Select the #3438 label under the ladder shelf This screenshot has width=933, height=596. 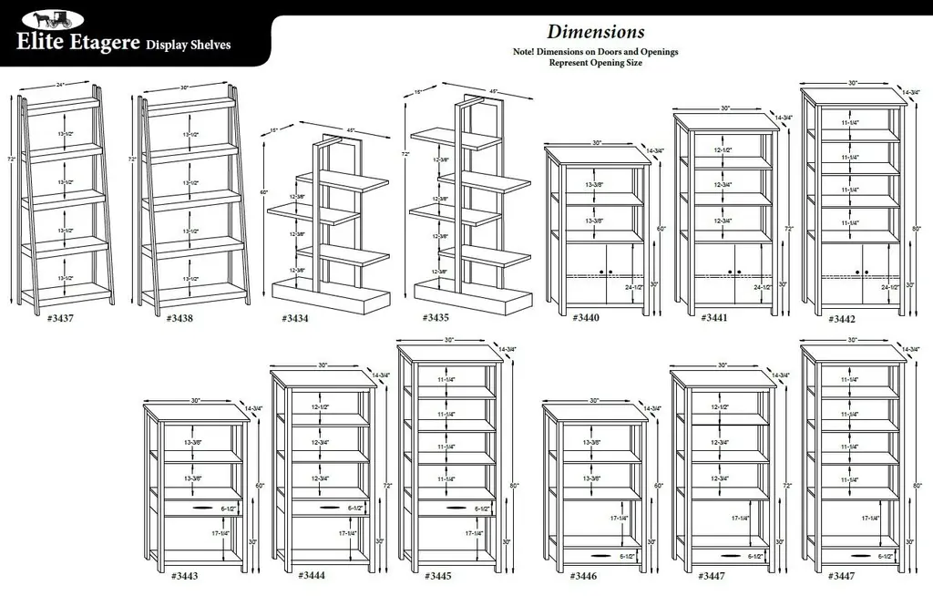coord(181,319)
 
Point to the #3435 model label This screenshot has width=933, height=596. coord(436,318)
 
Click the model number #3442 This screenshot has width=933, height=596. coord(843,319)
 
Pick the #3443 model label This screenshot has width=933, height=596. coord(184,576)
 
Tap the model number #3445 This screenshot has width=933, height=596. coord(437,576)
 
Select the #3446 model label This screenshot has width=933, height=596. coord(583,576)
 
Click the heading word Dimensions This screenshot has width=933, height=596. coord(596,34)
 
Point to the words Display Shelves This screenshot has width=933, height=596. coord(189,45)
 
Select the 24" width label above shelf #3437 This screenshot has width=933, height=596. coord(60,85)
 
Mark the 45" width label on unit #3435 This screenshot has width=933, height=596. coord(493,91)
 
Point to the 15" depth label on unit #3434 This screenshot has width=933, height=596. coord(273,129)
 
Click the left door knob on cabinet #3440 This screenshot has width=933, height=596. coord(601,272)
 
